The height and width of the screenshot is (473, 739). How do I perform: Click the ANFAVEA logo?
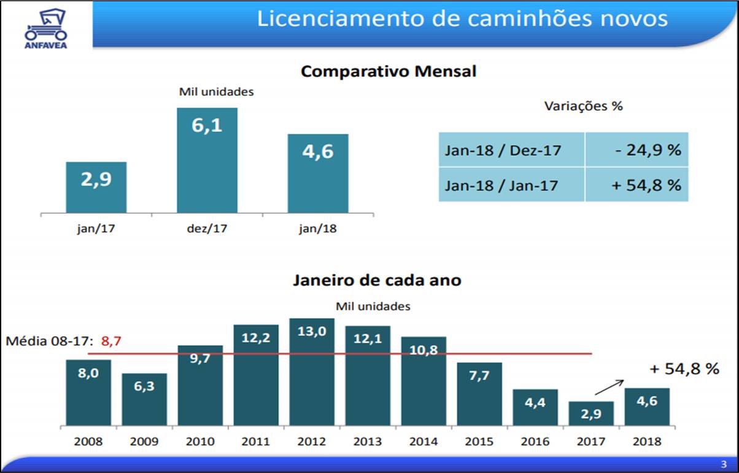(x=47, y=27)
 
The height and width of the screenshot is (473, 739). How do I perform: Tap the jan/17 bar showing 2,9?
(x=96, y=187)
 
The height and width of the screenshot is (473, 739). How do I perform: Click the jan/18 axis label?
(x=318, y=230)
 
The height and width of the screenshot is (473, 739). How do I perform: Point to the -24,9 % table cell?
(x=636, y=149)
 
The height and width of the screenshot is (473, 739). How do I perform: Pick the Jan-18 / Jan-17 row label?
(x=501, y=185)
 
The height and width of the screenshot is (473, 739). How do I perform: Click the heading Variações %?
(x=583, y=106)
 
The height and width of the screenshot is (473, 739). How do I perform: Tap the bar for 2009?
(x=144, y=399)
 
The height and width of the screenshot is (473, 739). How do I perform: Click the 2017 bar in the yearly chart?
(x=591, y=413)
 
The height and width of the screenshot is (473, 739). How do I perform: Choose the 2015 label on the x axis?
(x=479, y=441)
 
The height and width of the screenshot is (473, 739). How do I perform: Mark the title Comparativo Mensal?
(x=389, y=71)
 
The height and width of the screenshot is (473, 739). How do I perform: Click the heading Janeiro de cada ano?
(x=377, y=280)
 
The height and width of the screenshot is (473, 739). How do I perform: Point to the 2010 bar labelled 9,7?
(x=200, y=385)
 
